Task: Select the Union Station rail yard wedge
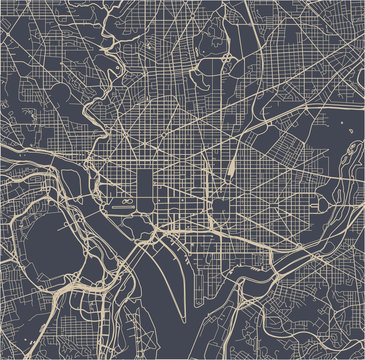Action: point(231,165)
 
